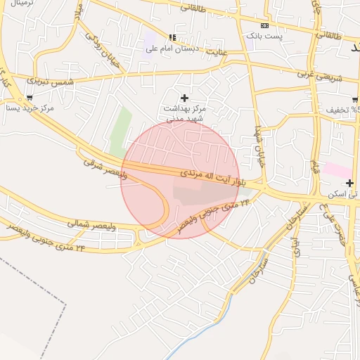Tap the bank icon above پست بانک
[x=264, y=25]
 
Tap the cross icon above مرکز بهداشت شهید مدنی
[x=185, y=98]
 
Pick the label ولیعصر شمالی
[x=91, y=224]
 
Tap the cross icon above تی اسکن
[x=349, y=183]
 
